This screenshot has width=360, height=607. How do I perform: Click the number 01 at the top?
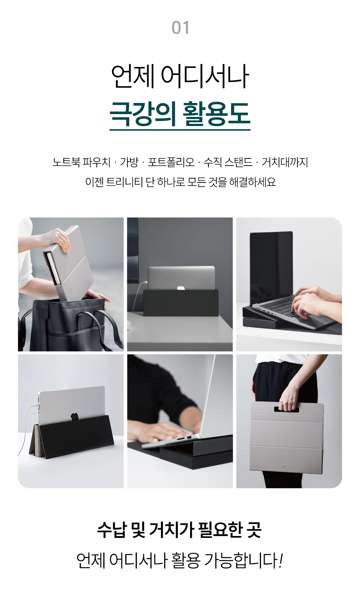(x=180, y=28)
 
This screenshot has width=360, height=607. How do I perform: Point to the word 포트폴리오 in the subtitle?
(x=171, y=162)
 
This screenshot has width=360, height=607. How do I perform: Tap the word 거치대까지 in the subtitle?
(x=285, y=162)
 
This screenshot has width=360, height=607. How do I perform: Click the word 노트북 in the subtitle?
(x=66, y=162)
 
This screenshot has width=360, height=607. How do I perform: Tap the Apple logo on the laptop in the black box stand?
(x=181, y=288)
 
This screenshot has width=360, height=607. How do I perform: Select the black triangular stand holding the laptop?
(x=72, y=437)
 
